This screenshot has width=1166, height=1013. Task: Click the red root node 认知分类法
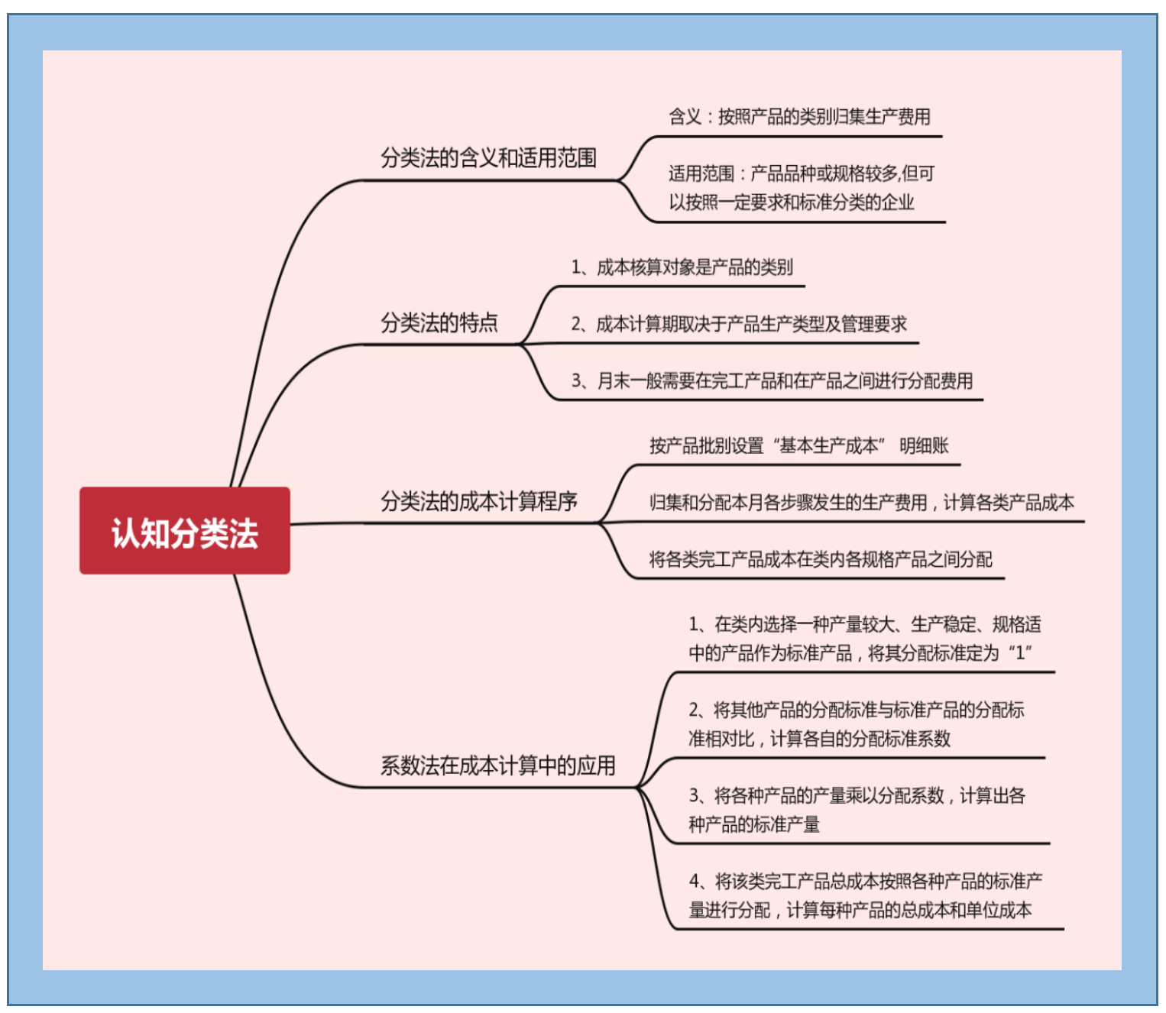tap(184, 532)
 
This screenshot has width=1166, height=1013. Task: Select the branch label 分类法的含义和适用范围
tap(488, 158)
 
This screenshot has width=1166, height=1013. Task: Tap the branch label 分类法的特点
tap(439, 323)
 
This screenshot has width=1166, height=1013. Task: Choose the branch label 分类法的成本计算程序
tap(479, 502)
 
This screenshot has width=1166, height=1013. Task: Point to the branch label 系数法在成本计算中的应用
tap(497, 765)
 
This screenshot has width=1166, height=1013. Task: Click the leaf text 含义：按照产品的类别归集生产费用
tap(799, 117)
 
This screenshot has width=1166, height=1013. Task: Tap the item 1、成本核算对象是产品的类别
tap(682, 267)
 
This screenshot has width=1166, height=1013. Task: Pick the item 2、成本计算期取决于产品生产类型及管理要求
tap(739, 325)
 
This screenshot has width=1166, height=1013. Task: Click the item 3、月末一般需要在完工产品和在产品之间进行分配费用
tap(772, 380)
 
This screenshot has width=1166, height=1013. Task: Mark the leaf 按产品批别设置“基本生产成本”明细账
tap(798, 446)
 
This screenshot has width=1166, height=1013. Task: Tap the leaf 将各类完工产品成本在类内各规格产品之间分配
tap(821, 560)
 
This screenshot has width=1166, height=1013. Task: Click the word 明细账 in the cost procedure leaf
tap(924, 446)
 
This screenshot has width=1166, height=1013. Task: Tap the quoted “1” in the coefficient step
tap(1020, 653)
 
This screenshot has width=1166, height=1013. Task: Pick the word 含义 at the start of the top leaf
tap(685, 117)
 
